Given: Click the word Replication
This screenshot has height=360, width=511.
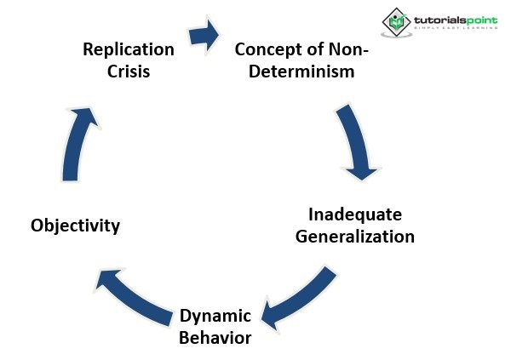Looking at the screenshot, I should [x=129, y=50].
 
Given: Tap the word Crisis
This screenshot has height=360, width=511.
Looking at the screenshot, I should [x=129, y=71].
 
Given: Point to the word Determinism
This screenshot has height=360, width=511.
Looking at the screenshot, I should [x=301, y=71].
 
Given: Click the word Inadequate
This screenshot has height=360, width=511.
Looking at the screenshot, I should [x=354, y=214].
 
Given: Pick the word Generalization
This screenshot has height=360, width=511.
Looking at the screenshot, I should [x=354, y=236].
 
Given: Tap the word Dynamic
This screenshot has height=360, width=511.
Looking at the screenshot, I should [x=215, y=317].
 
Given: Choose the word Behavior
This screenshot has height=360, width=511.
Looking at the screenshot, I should [x=215, y=338].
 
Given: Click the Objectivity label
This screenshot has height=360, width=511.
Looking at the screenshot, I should [x=75, y=226].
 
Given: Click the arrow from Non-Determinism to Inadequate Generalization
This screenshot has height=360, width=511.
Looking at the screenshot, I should [x=356, y=140].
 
